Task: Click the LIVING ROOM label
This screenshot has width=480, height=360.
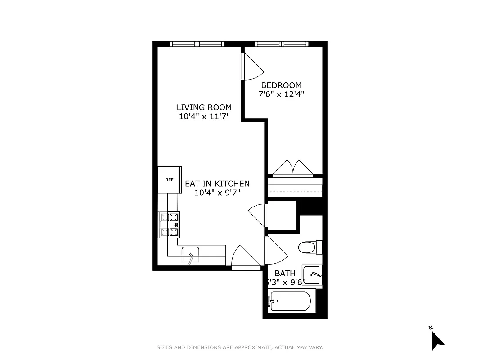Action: click(204, 108)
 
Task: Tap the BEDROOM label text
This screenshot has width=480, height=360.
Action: click(281, 85)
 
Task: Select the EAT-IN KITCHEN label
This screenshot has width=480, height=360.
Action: click(217, 184)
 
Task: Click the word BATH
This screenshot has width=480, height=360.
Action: click(285, 273)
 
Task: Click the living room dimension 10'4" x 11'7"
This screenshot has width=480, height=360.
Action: click(204, 117)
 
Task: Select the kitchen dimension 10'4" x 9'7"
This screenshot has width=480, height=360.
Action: click(217, 193)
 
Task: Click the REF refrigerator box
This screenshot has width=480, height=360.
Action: click(169, 180)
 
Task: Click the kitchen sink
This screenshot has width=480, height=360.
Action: click(191, 254)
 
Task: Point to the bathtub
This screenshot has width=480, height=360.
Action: click(290, 301)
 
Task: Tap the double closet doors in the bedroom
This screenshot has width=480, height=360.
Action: click(293, 167)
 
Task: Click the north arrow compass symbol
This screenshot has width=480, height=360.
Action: click(437, 339)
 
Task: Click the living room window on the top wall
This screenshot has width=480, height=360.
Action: click(197, 44)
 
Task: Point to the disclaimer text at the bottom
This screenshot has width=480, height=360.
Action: click(240, 347)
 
